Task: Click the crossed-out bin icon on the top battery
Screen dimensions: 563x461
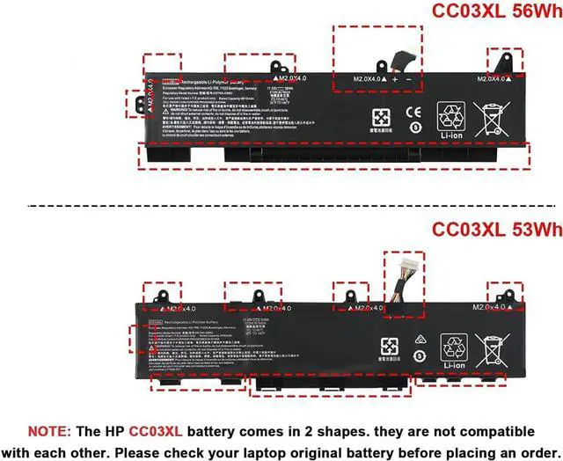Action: tap(491, 118)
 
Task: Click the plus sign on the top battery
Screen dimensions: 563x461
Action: tap(395, 79)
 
